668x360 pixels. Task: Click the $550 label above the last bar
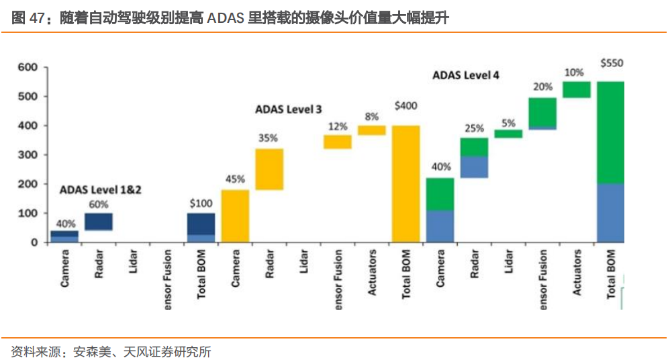612,63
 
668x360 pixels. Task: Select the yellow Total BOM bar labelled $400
406,183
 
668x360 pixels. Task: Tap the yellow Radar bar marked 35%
269,169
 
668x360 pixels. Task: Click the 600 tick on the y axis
28,67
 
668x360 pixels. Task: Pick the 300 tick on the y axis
28,154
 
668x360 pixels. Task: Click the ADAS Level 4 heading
466,75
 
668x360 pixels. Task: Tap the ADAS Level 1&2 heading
101,190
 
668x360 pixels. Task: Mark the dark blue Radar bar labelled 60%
99,222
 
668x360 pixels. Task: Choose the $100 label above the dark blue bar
201,203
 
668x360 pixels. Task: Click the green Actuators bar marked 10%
576,89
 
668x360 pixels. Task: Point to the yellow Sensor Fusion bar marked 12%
338,142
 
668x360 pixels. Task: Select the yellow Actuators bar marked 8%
371,130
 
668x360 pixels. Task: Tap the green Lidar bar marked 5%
508,134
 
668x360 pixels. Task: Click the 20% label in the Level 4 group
542,87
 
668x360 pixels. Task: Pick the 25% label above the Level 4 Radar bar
474,128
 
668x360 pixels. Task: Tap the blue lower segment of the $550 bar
610,212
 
